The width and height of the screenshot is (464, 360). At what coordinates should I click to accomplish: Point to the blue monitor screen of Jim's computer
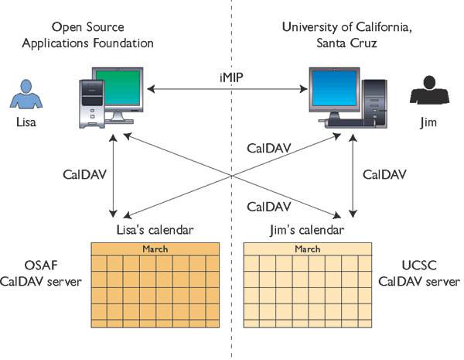[333, 90]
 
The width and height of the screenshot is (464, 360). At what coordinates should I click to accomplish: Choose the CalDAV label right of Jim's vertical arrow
[384, 174]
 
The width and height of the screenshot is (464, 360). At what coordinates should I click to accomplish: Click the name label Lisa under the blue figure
[26, 122]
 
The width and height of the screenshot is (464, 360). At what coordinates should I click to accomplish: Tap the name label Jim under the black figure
[428, 122]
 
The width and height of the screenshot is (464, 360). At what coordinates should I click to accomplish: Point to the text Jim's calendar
[307, 230]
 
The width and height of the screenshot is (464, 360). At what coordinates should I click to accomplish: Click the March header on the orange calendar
[155, 249]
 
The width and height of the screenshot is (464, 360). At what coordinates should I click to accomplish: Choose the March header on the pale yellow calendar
[307, 249]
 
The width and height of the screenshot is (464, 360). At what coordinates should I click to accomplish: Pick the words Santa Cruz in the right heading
[346, 43]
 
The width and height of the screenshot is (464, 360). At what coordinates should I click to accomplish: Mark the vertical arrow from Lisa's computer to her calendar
[114, 174]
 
